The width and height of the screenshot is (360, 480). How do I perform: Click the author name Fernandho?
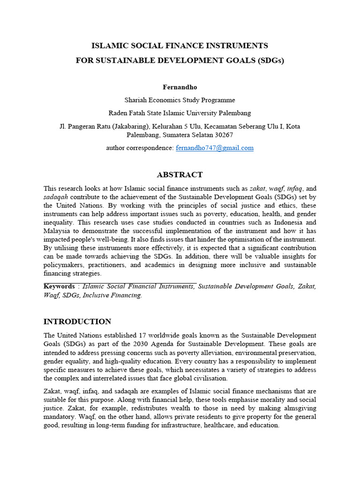click(180, 87)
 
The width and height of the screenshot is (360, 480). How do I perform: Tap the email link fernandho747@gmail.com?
click(215, 148)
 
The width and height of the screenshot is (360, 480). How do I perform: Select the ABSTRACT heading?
click(180, 174)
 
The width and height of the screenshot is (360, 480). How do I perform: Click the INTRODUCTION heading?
click(77, 322)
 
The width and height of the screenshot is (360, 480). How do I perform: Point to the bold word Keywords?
click(59, 286)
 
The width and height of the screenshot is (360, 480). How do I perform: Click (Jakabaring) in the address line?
click(123, 127)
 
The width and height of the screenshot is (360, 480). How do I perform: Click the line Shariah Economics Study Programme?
click(180, 100)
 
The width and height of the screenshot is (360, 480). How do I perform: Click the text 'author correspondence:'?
click(140, 148)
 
